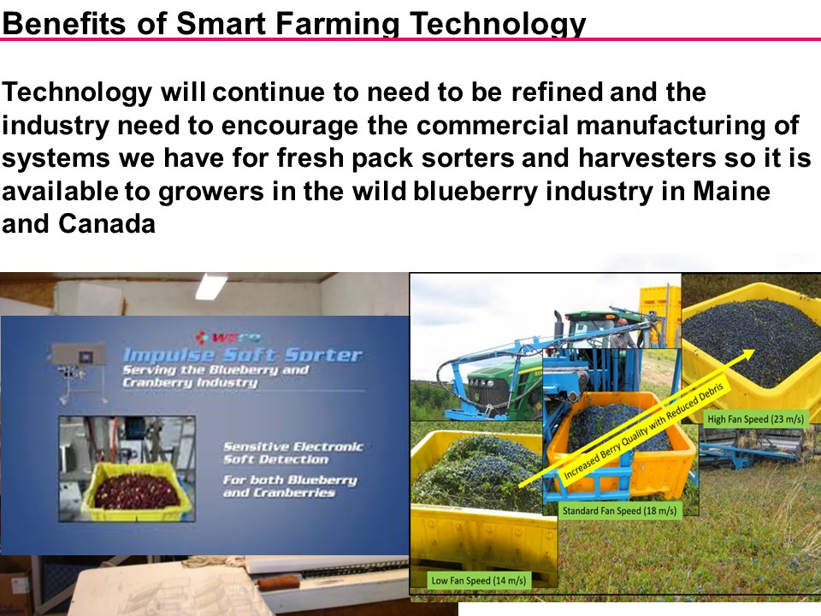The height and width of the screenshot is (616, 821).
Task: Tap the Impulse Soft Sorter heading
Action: (x=241, y=354)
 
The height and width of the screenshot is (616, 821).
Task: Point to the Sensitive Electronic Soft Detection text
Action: (x=292, y=453)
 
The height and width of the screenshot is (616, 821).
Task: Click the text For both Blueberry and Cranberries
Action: (x=289, y=486)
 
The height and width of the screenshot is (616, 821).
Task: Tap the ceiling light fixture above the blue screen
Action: (x=210, y=287)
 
